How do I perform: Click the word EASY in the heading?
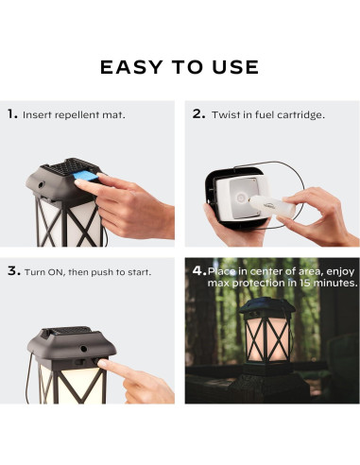click(x=131, y=67)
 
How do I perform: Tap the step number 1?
click(x=12, y=114)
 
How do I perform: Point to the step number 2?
click(x=198, y=114)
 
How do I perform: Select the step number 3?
click(x=14, y=270)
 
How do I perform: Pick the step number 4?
click(x=199, y=270)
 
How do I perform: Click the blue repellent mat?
click(x=86, y=176)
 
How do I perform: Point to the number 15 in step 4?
click(x=304, y=283)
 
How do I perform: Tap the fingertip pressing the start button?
click(x=103, y=364)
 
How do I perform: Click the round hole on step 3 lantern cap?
click(x=83, y=349)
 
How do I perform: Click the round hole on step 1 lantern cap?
click(x=42, y=185)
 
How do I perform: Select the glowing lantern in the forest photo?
click(x=267, y=336)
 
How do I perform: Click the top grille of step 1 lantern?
click(x=70, y=166)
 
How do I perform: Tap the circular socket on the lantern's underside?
click(x=241, y=198)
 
